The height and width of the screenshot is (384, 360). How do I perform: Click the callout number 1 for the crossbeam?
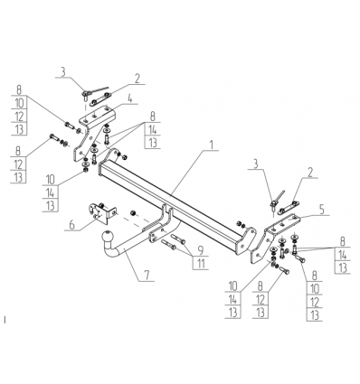point(212,145)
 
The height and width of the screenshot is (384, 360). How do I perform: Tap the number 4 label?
point(129,98)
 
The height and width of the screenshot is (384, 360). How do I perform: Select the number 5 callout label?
point(322,210)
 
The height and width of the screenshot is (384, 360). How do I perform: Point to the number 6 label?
point(72,225)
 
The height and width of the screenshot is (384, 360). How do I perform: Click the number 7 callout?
point(147,276)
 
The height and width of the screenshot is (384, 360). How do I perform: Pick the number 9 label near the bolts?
point(201,250)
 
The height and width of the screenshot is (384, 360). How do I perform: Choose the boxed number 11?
point(201,264)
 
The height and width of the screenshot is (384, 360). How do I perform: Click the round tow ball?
point(108,236)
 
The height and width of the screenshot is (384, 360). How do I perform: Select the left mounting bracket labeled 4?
point(90,133)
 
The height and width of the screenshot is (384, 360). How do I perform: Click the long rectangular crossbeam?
point(170,201)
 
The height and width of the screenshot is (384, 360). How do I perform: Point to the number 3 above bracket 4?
point(62,72)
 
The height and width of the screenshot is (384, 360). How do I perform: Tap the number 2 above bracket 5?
point(310,173)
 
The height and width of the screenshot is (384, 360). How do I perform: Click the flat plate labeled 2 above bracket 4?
point(100,98)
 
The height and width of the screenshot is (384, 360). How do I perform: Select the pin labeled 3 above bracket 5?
point(275,202)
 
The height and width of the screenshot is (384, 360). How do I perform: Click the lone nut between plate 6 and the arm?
point(133,213)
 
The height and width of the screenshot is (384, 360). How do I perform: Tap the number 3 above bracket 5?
point(255,164)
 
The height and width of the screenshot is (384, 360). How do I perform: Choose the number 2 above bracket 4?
point(137,79)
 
